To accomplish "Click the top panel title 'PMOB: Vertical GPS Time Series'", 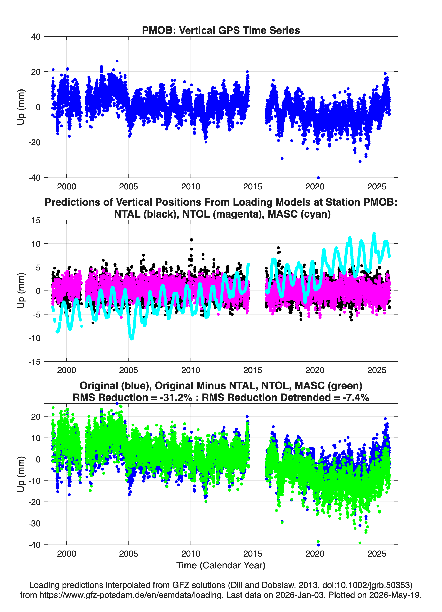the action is click(221, 30).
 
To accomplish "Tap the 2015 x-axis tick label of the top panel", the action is click(253, 187).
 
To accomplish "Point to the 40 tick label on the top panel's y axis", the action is click(36, 37).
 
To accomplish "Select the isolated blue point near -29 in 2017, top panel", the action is click(282, 158).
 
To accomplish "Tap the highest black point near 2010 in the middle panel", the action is click(192, 240).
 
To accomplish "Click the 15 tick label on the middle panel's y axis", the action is click(36, 220).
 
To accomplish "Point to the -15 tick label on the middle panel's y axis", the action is click(34, 362).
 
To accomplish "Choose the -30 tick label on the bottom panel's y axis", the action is click(34, 523).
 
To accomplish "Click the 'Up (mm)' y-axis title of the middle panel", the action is click(21, 291).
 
